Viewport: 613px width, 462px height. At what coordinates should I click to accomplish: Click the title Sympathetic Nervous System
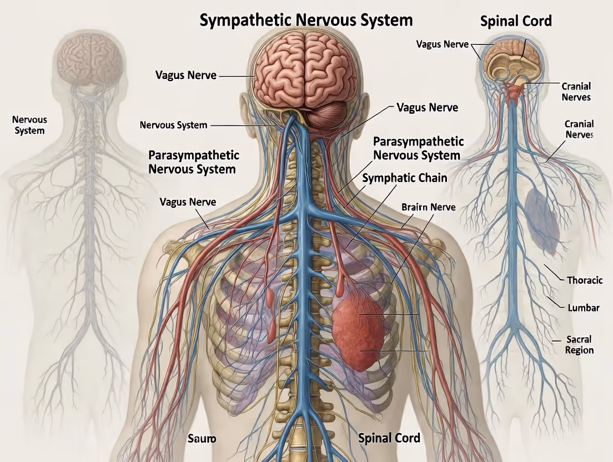pyautogui.click(x=306, y=21)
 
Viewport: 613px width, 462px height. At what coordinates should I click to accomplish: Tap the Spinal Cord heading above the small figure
pyautogui.click(x=516, y=22)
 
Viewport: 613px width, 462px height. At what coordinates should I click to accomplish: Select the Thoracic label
pyautogui.click(x=584, y=280)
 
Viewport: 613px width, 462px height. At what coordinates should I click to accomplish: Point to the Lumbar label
pyautogui.click(x=583, y=308)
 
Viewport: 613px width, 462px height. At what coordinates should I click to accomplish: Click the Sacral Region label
pyautogui.click(x=579, y=345)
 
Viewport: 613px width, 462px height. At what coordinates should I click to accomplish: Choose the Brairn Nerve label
pyautogui.click(x=428, y=207)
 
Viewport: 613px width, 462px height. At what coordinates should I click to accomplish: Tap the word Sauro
pyautogui.click(x=202, y=438)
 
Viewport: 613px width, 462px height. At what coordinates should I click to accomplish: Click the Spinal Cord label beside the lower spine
pyautogui.click(x=389, y=438)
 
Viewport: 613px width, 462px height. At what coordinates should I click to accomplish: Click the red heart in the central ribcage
pyautogui.click(x=358, y=332)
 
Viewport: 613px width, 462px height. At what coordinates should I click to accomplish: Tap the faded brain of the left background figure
pyautogui.click(x=89, y=59)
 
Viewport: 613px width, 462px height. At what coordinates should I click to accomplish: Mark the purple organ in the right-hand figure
pyautogui.click(x=542, y=221)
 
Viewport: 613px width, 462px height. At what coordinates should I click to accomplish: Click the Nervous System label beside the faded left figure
pyautogui.click(x=29, y=125)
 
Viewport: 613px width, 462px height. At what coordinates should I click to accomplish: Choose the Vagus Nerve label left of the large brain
pyautogui.click(x=186, y=75)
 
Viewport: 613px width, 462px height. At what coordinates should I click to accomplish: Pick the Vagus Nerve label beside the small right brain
pyautogui.click(x=442, y=44)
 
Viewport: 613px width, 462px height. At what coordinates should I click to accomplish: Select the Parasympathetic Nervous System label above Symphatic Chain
pyautogui.click(x=418, y=148)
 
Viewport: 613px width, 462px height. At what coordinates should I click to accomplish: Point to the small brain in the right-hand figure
pyautogui.click(x=511, y=61)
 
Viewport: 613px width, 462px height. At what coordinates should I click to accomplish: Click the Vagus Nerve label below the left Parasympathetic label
pyautogui.click(x=188, y=202)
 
